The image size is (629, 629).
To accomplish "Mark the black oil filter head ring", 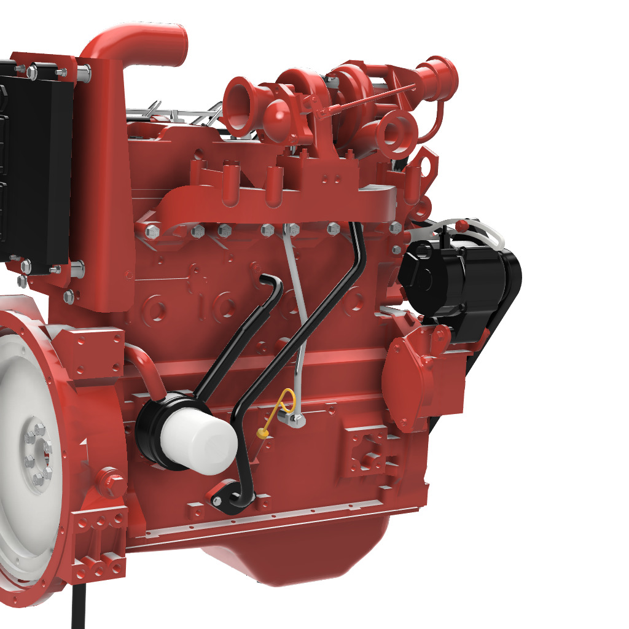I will point(154,430).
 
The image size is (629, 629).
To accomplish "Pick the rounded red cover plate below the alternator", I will point(408,381).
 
